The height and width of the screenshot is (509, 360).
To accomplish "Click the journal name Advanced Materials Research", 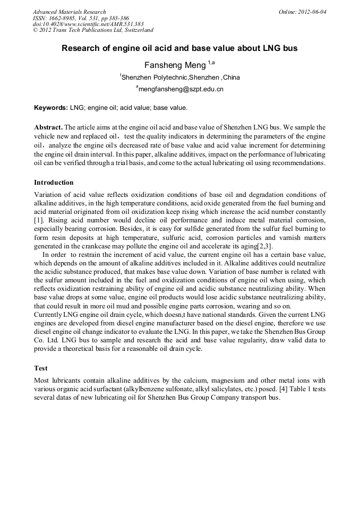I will pos(69,12).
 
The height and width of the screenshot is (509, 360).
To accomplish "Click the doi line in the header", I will pos(88,24).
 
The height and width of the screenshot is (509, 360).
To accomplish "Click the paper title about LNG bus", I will pos(179,48).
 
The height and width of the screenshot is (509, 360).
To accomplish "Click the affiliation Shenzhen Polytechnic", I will pos(150,77).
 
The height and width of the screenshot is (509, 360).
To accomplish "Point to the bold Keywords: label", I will pos(51,108).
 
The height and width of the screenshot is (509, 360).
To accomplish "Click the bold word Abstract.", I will pos(48,128).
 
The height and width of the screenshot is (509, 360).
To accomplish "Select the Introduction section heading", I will pos(54,183).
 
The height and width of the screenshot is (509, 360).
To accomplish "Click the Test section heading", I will pos(40,367).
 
